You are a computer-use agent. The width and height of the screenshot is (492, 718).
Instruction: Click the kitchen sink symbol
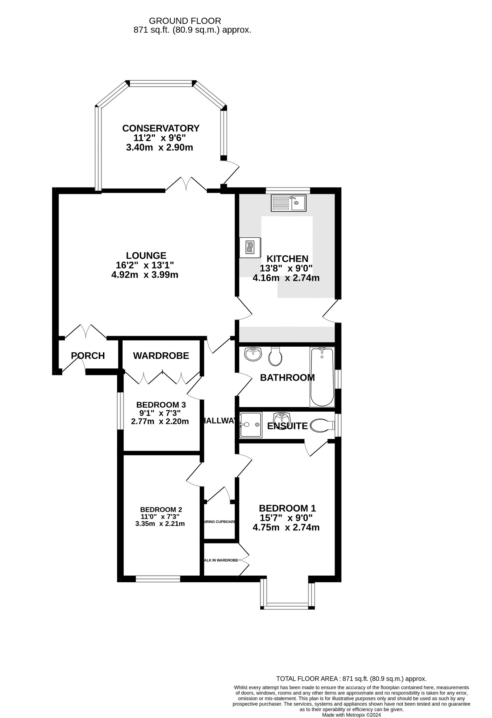[x=289, y=203]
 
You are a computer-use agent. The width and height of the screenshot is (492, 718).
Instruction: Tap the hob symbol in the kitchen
[x=250, y=248]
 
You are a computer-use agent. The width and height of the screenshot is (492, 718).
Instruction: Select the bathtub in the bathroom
[x=322, y=377]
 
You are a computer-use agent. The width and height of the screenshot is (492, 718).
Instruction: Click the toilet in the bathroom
[x=275, y=357]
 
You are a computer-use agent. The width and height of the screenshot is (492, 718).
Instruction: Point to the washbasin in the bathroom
[x=253, y=354]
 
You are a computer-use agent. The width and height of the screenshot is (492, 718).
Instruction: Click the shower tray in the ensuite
[x=250, y=425]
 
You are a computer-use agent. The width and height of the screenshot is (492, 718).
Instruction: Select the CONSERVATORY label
[x=161, y=128]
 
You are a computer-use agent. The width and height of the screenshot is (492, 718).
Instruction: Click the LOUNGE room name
[x=146, y=256]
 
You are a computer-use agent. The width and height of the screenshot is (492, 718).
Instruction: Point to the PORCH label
[x=88, y=356]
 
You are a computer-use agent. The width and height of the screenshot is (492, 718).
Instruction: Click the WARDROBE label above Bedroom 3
[x=161, y=356]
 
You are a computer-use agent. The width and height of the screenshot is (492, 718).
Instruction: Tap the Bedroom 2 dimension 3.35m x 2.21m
[x=160, y=524]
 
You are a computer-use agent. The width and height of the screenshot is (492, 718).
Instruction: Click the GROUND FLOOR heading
[x=185, y=21]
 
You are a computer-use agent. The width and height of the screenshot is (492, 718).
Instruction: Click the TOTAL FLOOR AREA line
[x=351, y=679]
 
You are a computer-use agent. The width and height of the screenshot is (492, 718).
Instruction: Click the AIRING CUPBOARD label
[x=219, y=522]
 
